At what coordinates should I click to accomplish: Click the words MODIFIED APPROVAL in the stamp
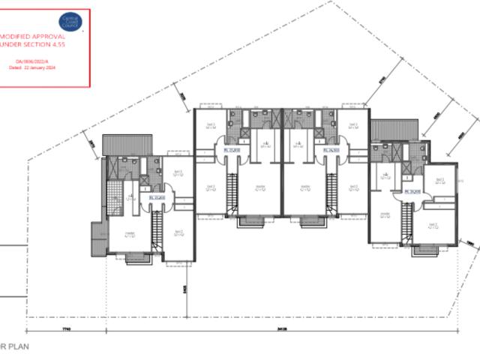click(33, 35)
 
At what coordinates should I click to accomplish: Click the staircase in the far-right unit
click(407, 221)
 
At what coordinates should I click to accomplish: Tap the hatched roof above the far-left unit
click(116, 143)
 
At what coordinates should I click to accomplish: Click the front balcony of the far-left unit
click(138, 259)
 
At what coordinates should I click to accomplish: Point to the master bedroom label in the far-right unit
click(385, 215)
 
